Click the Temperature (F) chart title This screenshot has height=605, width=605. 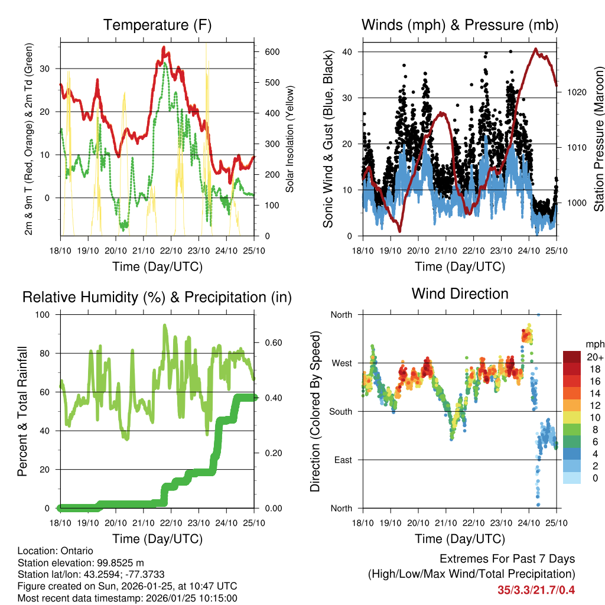[x=157, y=25]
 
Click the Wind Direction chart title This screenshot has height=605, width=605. [x=460, y=294]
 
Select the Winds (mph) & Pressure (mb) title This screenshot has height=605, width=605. [x=460, y=25]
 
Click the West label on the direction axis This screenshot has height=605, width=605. [x=340, y=363]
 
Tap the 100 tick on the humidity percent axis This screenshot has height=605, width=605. [x=45, y=314]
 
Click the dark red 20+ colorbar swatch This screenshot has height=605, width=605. [x=573, y=357]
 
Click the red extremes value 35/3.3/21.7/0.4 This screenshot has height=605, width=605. [x=536, y=590]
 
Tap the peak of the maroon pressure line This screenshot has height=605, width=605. [x=535, y=49]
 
